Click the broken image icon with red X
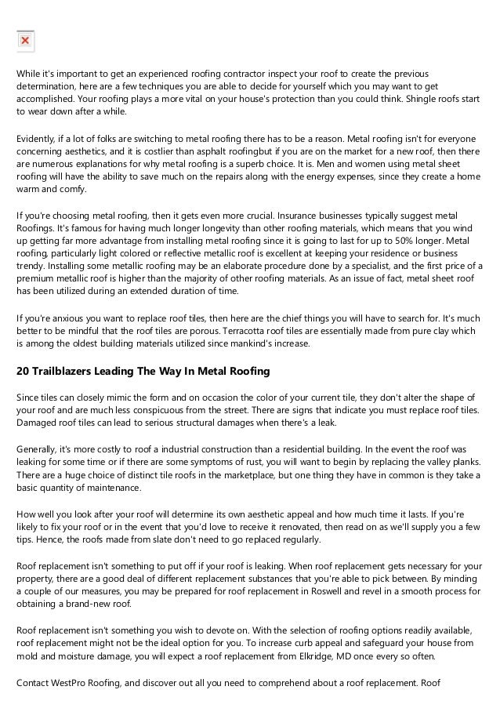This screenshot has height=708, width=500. tap(24, 39)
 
